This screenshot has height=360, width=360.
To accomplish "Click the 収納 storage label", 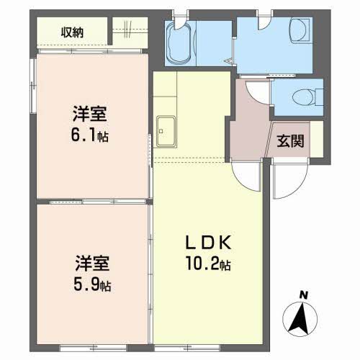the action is tap(72, 32).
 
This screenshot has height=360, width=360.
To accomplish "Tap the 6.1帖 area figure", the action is tap(89, 135).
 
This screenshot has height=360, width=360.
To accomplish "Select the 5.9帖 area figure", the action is tap(92, 285).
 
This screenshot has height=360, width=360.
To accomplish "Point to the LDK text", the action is tap(209, 243).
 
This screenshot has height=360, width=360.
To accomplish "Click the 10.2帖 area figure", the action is tap(208, 264).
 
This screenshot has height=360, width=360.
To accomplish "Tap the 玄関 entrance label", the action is tap(290, 141).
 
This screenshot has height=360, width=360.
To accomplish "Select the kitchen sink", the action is tap(166, 132).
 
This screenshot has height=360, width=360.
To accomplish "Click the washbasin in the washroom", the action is tap(300, 31).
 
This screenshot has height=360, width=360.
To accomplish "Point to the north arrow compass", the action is tap(300, 319).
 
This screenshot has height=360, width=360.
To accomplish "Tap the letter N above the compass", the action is tap(304, 295).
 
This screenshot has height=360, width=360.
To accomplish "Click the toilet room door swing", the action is tap(258, 92).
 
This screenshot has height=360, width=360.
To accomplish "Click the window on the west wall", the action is tap(33, 85).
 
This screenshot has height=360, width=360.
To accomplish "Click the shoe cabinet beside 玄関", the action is tap(317, 139).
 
